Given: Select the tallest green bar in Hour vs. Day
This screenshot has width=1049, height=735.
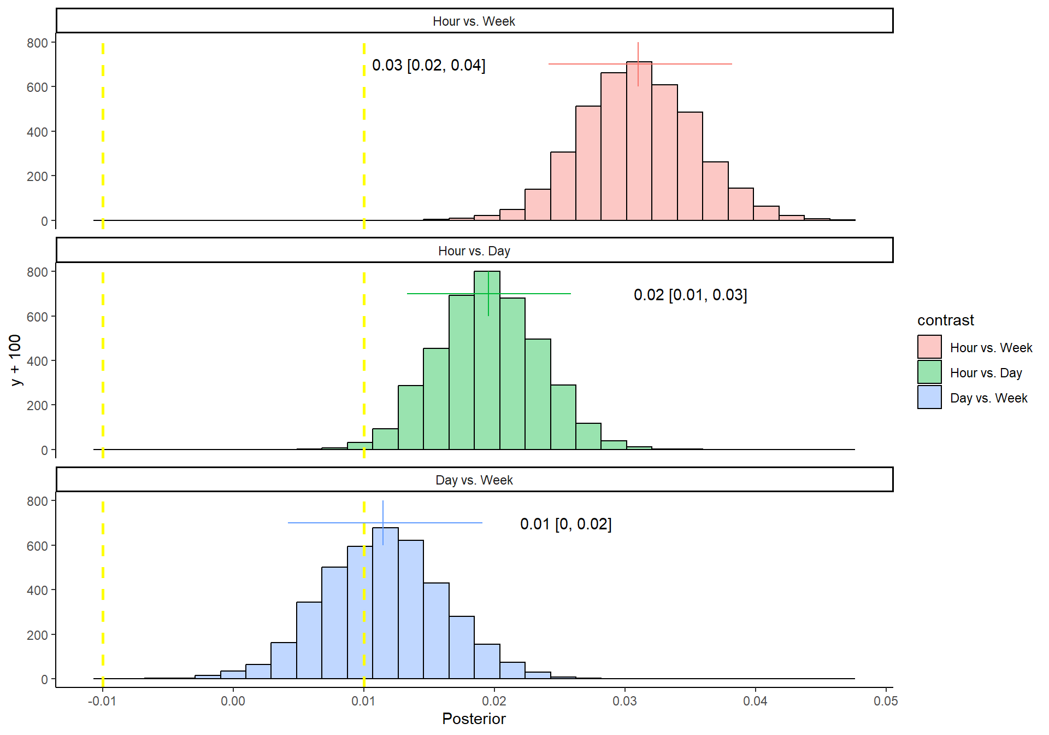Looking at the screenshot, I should [x=486, y=361].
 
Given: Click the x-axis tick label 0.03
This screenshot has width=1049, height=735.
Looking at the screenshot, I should [x=624, y=701].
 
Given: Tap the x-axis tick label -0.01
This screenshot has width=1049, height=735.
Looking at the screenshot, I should [x=102, y=701].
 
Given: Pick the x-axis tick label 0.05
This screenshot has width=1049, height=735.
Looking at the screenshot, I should [x=886, y=701].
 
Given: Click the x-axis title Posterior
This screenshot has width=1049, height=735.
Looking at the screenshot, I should [x=474, y=719].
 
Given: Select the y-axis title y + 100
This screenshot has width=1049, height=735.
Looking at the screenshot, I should [x=15, y=360].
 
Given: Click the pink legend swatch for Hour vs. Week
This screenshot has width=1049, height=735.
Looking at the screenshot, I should [x=929, y=347].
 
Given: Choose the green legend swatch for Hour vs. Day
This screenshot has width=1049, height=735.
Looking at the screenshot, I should [x=929, y=372].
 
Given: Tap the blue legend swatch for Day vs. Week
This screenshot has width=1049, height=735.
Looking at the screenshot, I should [x=929, y=397].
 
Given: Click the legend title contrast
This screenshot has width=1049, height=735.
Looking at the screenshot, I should [x=945, y=320].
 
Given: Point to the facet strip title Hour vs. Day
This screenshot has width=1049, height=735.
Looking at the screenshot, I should [x=474, y=251].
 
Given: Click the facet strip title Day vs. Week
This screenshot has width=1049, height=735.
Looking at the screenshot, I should [x=474, y=480].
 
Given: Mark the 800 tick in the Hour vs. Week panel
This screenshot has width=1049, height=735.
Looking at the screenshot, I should [x=37, y=43].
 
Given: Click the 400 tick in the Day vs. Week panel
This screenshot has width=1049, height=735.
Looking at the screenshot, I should [x=37, y=590].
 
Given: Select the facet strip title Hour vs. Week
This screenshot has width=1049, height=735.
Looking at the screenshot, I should [x=474, y=21].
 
